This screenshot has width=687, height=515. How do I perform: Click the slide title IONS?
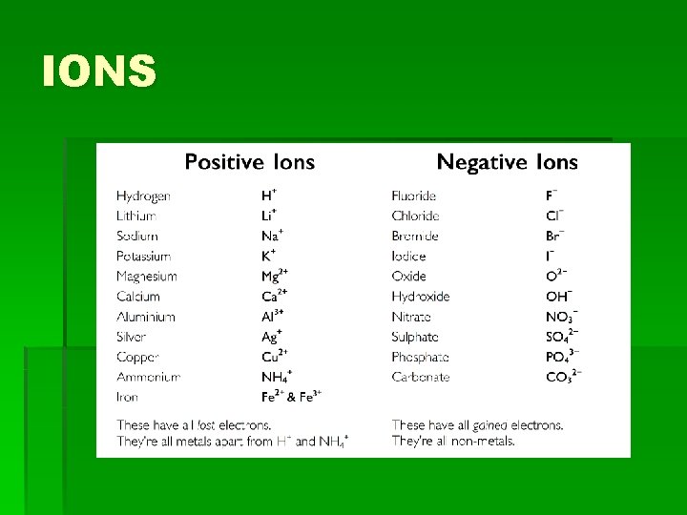[x=99, y=72]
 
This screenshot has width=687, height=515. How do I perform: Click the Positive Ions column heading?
[x=249, y=162]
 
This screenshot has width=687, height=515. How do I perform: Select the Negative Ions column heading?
[x=507, y=162]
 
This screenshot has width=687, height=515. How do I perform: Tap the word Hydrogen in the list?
[x=143, y=196]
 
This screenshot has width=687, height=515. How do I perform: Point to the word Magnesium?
[x=147, y=277]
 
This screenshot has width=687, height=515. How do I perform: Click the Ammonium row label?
[x=148, y=377]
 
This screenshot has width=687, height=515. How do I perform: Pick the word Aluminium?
[x=146, y=317]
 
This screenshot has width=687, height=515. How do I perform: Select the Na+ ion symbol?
[x=273, y=236]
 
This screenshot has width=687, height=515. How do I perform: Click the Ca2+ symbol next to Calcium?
[x=275, y=296]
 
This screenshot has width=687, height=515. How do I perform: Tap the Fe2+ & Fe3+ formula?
[x=292, y=396]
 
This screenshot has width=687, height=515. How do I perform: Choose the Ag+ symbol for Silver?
[x=273, y=336]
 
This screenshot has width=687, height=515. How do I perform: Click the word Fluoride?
[x=413, y=196]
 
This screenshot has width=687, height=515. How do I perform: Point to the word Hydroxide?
[x=420, y=297]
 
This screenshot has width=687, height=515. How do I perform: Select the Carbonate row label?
[x=420, y=377]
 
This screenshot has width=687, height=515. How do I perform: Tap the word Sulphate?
[x=415, y=337]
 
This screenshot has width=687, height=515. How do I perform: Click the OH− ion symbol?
[x=559, y=296]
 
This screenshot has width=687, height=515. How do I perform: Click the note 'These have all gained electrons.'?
[x=477, y=424]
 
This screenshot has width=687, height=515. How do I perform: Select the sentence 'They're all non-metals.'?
[x=453, y=441]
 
